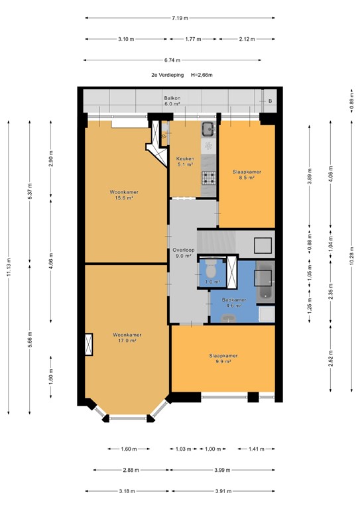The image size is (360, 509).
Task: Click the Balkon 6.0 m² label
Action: click(173, 101)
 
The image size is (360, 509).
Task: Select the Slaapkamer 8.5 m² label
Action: click(247, 174)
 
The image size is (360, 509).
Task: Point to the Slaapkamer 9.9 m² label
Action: click(222, 359)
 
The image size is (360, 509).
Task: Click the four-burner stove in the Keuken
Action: click(209, 177)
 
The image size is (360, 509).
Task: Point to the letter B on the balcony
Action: click(270, 101)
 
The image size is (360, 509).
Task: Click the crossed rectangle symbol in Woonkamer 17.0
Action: click(89, 344)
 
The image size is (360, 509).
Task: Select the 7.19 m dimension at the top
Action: click(180, 18)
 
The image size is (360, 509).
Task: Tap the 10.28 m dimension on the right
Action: click(351, 256)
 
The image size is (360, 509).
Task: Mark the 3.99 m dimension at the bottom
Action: click(222, 470)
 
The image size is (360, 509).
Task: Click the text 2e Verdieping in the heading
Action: click(166, 75)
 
